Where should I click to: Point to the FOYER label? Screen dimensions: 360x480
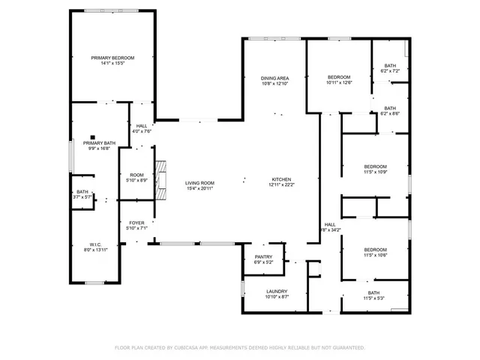coord(136,223)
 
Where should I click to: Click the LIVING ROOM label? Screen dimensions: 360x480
coord(200,183)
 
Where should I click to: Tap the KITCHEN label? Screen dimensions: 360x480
coord(282,179)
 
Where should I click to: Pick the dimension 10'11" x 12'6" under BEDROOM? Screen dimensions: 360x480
coord(339,83)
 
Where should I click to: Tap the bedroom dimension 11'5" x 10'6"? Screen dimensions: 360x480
coord(375,255)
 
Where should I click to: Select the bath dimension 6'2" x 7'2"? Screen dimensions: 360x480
coord(390,70)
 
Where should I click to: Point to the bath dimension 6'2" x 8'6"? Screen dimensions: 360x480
coord(390,113)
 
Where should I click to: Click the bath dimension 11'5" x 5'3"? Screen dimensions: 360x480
coord(373,298)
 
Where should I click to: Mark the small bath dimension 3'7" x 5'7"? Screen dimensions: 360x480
coord(82,197)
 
